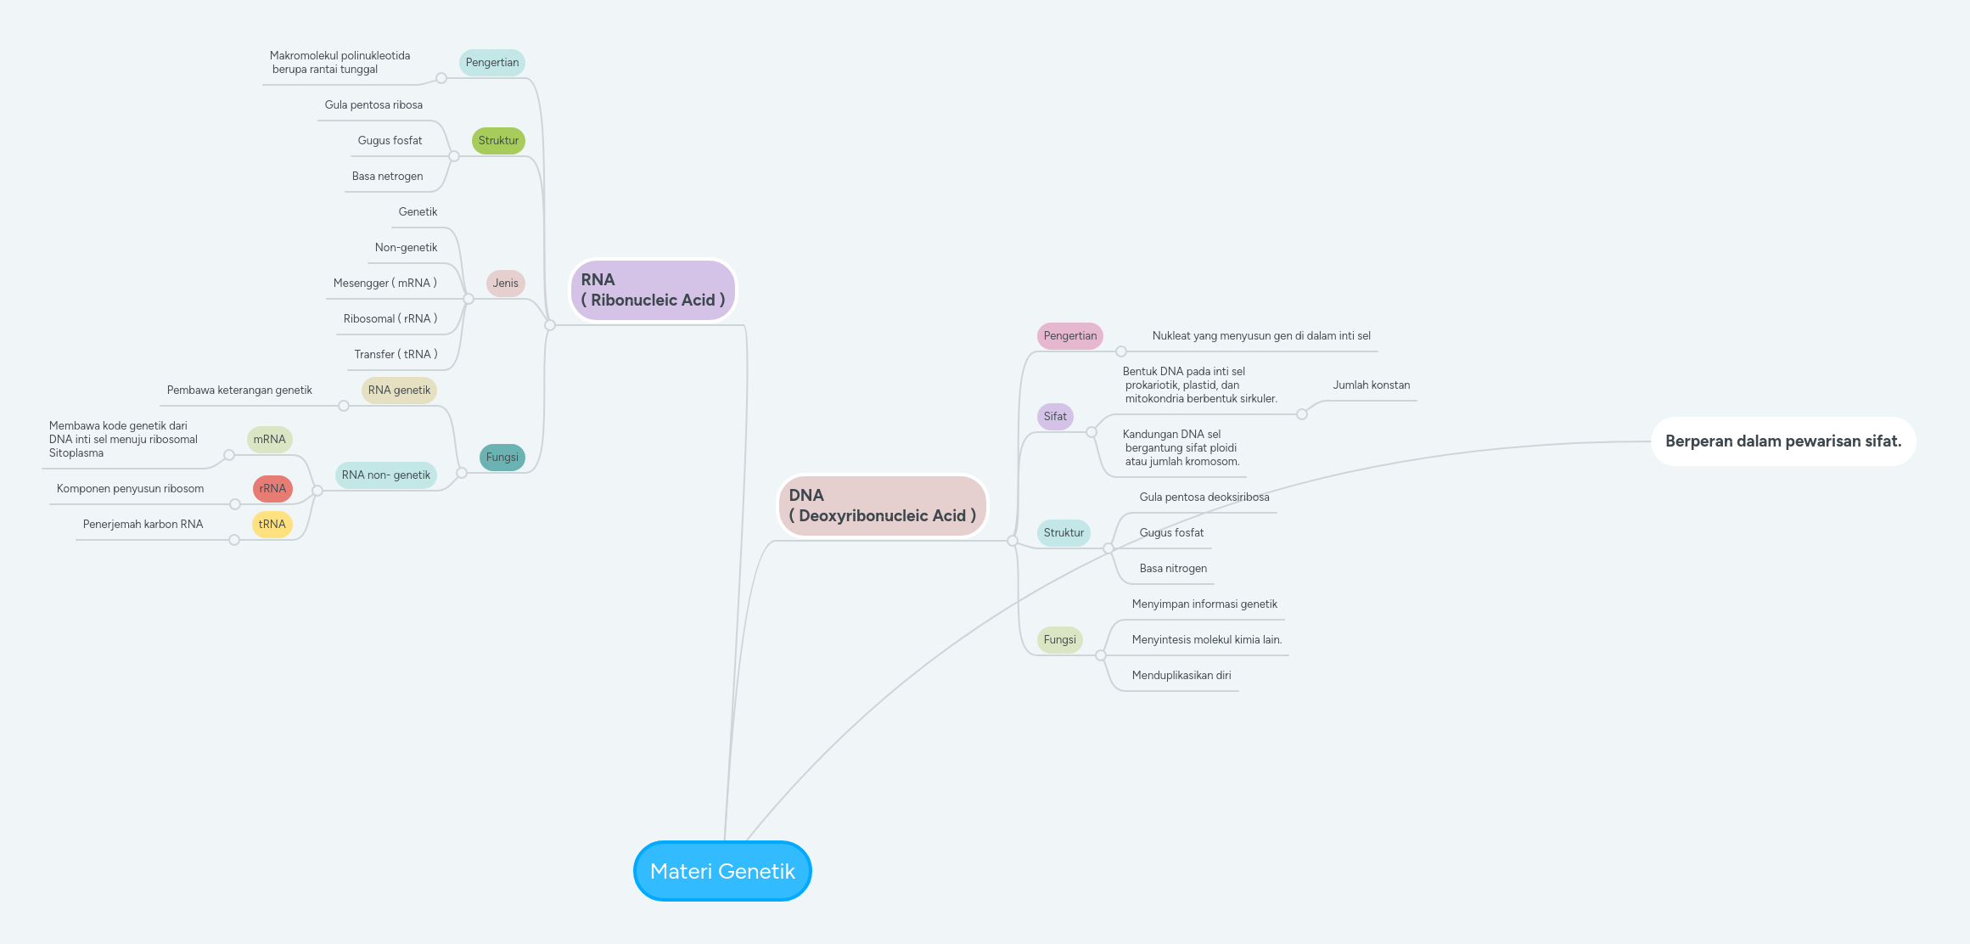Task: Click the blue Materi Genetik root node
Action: click(722, 871)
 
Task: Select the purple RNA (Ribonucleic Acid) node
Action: click(652, 290)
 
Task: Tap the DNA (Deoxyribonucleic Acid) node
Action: click(882, 506)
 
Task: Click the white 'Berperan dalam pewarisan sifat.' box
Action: click(1782, 441)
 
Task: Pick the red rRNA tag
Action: click(272, 488)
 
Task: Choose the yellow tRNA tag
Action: click(272, 524)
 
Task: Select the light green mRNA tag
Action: click(269, 439)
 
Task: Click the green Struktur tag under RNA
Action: click(498, 140)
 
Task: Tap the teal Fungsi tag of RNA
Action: click(502, 457)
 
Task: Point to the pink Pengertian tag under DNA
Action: click(1069, 335)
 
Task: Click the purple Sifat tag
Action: click(1055, 416)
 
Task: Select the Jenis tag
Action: click(505, 283)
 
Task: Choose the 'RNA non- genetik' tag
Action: click(385, 475)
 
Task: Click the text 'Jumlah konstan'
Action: click(1371, 385)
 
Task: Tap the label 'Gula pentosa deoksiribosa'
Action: click(1204, 497)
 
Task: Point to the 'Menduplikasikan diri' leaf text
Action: click(1181, 675)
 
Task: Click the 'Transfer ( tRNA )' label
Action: click(396, 354)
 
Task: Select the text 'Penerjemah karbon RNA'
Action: click(143, 524)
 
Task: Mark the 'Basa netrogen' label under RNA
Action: click(387, 176)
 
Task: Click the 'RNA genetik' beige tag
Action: click(399, 390)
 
